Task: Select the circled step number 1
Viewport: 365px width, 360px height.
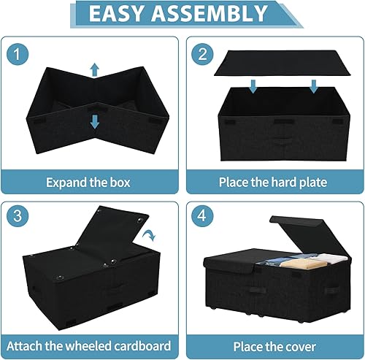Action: [x=20, y=55]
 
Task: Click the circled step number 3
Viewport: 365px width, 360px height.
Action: [x=20, y=218]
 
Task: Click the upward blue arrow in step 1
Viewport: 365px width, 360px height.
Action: [x=93, y=70]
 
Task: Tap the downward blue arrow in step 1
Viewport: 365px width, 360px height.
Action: [x=93, y=120]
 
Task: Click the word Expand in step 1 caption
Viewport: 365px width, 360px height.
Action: [x=66, y=182]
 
